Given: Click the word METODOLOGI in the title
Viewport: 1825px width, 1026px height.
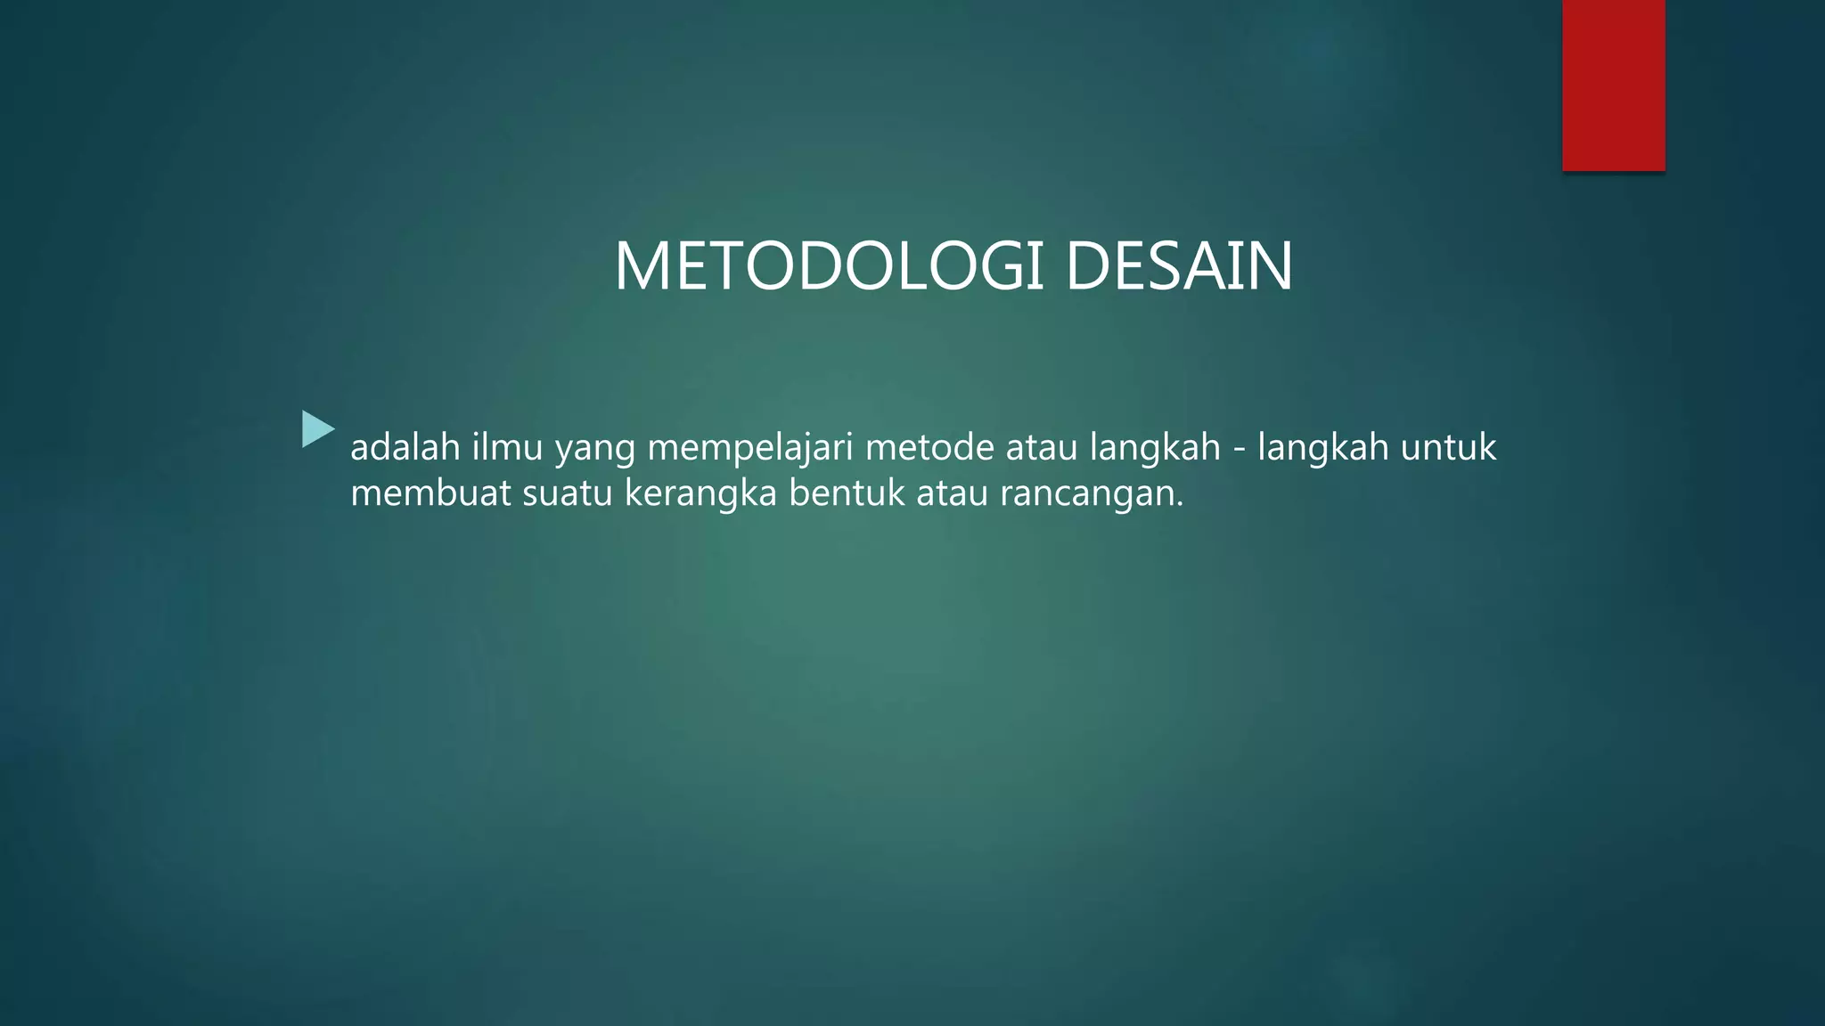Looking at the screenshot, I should click(x=828, y=266).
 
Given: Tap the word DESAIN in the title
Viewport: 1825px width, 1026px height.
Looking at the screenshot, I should click(x=1178, y=266).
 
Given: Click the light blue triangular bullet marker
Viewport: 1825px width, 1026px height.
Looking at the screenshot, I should click(x=316, y=429).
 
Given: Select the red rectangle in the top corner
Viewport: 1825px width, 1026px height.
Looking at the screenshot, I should click(x=1613, y=85).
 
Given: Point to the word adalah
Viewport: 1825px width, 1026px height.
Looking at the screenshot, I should click(x=405, y=447).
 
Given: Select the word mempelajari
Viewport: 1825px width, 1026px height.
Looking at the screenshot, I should click(x=750, y=449).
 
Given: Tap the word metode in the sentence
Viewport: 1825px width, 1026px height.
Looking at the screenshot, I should click(x=929, y=447).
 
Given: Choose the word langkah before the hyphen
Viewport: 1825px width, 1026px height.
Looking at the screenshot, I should click(x=1155, y=449).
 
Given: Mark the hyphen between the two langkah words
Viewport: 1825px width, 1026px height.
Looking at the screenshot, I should click(x=1240, y=449).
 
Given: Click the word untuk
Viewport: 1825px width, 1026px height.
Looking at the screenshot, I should click(x=1448, y=447).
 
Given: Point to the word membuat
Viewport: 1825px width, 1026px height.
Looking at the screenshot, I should click(x=430, y=493).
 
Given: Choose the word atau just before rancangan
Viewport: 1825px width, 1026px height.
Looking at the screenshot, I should click(x=952, y=493).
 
